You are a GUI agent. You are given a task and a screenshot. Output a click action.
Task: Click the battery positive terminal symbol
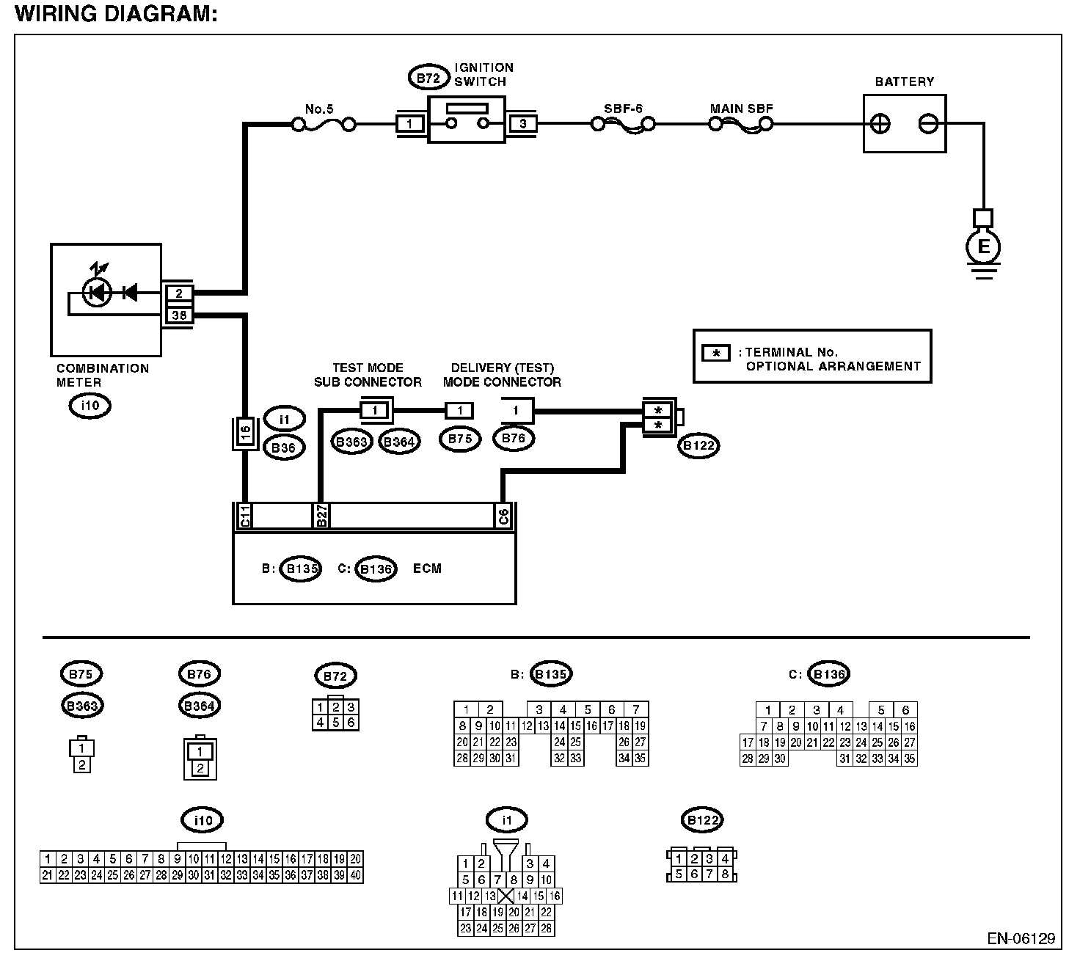pos(880,124)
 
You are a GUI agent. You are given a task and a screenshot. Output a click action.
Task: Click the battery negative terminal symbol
pos(928,124)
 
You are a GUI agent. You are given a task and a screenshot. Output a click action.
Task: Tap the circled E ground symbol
pos(983,246)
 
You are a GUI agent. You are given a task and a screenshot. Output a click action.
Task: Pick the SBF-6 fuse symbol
pos(623,125)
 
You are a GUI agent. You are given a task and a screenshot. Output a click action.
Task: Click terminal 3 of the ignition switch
pos(523,124)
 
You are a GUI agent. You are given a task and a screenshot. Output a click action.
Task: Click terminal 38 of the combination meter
pos(179,315)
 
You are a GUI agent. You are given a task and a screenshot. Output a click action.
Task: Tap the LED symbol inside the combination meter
pos(97,293)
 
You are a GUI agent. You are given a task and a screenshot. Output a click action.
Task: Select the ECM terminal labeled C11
pos(245,516)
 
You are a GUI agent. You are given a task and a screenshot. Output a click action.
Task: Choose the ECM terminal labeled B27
pos(321,516)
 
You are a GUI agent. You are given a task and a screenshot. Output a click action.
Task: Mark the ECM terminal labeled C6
pos(503,516)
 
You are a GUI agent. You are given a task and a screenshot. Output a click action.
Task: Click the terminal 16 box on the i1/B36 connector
pos(246,433)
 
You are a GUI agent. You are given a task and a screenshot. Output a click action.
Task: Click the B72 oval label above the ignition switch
pos(428,78)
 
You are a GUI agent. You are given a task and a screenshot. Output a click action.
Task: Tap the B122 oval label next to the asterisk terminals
pos(698,446)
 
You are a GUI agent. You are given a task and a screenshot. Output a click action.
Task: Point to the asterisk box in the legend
pos(716,353)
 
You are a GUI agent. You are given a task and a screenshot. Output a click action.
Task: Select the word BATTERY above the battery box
pos(904,81)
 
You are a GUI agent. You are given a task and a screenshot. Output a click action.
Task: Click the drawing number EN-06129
pos(1021,939)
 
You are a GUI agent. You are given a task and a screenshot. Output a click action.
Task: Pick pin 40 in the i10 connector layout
pos(356,875)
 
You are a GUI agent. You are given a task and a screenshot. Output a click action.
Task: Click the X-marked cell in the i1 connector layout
pos(506,896)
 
